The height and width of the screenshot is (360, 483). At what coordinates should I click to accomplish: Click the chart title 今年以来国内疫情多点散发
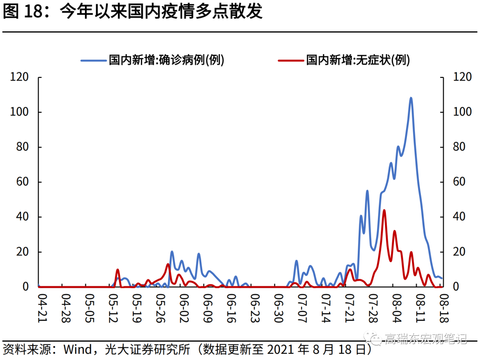(x=161, y=12)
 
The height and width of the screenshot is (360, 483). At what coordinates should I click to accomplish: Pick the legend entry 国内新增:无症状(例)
(x=358, y=60)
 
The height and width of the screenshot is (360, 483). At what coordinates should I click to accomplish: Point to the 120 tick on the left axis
(x=20, y=77)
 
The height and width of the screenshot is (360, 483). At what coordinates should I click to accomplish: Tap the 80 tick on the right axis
(x=462, y=147)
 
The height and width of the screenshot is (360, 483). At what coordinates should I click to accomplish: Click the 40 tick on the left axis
(x=22, y=217)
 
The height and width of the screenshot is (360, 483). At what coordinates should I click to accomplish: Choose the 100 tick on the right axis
(x=462, y=112)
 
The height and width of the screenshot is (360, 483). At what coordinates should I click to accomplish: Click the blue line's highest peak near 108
(x=411, y=98)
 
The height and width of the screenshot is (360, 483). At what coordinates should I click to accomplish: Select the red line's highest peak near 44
(x=384, y=210)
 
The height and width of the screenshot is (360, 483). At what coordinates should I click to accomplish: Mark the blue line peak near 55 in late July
(x=367, y=191)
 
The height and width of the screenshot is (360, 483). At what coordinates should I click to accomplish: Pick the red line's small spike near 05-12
(x=118, y=270)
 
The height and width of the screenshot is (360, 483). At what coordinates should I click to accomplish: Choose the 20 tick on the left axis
(x=22, y=252)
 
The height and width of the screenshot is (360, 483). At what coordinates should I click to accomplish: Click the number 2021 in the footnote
(x=283, y=348)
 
